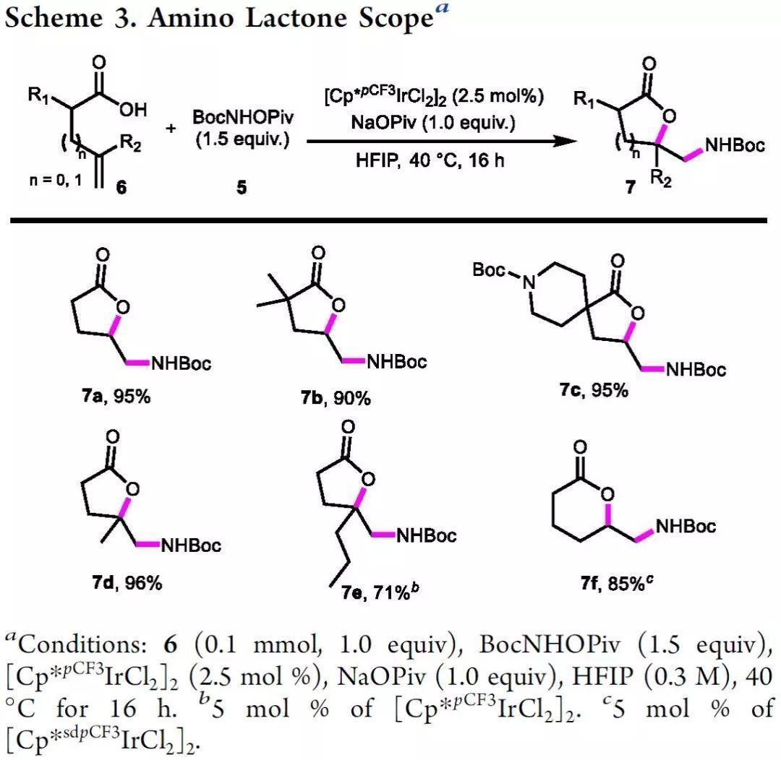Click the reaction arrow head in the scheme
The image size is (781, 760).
(558, 143)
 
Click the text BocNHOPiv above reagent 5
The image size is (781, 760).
(242, 117)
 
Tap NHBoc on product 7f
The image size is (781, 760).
(685, 525)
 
